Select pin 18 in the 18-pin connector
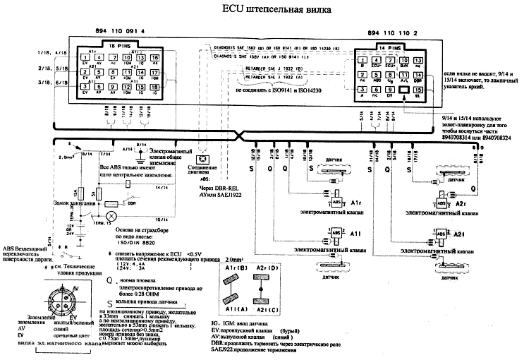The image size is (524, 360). [155, 87]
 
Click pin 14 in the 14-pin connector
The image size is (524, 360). [418, 75]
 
